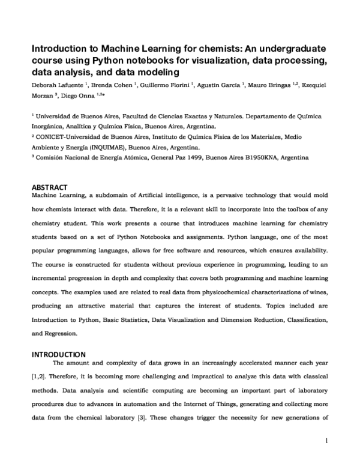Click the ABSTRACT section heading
pos(49,187)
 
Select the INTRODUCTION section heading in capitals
pos(58,354)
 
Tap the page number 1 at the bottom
pos(326,441)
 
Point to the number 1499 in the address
pos(191,157)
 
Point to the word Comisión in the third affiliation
pos(52,157)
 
